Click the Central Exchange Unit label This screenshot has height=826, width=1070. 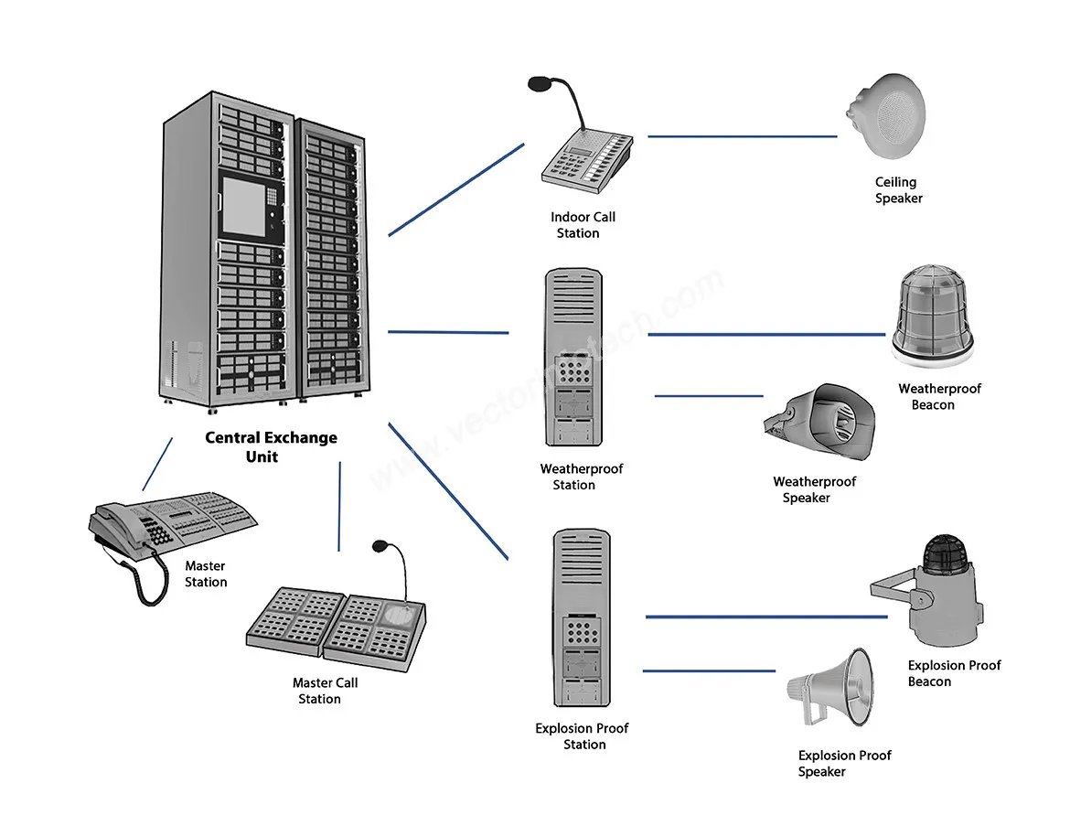[x=271, y=447]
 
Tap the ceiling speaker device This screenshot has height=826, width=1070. [x=886, y=117]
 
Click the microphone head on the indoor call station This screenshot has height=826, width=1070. [x=539, y=84]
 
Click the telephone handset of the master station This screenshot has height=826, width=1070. [x=117, y=526]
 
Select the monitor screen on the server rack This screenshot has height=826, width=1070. [x=243, y=206]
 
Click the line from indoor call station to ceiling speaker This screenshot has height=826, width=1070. [x=743, y=136]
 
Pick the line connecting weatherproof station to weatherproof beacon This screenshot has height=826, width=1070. [x=766, y=335]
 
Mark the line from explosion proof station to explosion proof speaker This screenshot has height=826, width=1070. [x=709, y=671]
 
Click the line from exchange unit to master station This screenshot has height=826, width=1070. [x=157, y=464]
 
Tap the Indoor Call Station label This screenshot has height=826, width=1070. [x=582, y=225]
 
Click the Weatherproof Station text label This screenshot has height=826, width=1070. [x=581, y=477]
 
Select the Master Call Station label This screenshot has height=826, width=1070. [x=324, y=690]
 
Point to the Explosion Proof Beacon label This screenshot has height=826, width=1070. [x=953, y=673]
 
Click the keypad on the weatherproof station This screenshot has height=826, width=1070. [x=574, y=372]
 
